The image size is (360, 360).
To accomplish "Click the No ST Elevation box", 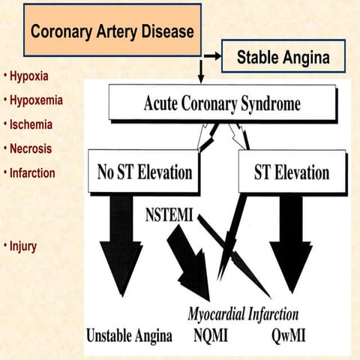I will pyautogui.click(x=144, y=172).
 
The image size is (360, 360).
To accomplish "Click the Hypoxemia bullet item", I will pyautogui.click(x=34, y=100).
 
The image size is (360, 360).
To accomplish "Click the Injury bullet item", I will pyautogui.click(x=23, y=245).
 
